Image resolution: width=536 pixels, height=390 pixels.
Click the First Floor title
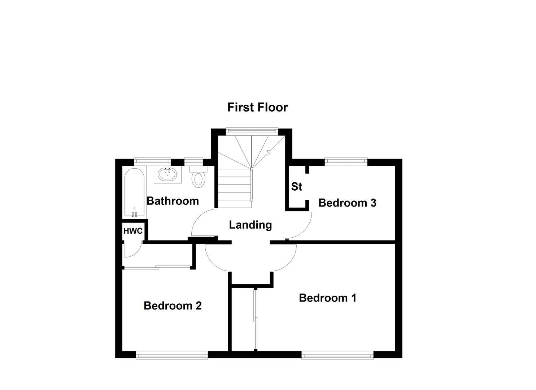(257, 107)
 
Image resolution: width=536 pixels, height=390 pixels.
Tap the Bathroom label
(173, 201)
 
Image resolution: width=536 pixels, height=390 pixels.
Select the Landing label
(250, 225)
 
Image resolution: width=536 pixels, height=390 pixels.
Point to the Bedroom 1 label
(328, 298)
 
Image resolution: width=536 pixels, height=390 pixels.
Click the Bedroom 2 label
(173, 306)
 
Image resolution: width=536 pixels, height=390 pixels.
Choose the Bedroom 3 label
(347, 203)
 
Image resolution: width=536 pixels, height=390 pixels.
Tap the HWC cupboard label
(133, 231)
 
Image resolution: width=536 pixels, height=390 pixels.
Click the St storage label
(296, 186)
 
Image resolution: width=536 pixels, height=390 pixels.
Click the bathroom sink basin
(167, 174)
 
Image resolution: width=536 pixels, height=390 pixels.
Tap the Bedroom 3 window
(346, 162)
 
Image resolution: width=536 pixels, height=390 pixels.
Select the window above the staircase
(252, 131)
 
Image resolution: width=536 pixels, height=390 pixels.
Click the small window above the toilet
(193, 162)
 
